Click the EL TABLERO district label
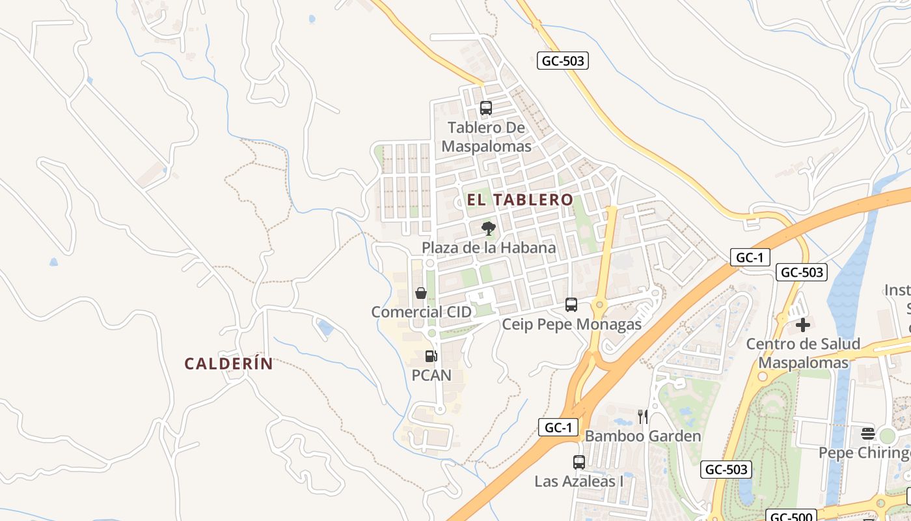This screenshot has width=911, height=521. click(x=520, y=199)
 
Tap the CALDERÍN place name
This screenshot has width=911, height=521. click(x=228, y=363)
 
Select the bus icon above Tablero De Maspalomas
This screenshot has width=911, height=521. click(x=486, y=108)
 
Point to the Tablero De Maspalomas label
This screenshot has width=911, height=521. click(x=486, y=137)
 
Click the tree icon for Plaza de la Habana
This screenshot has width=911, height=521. click(x=488, y=228)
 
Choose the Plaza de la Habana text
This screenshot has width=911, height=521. click(x=489, y=247)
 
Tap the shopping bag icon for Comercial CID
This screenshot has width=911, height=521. click(x=421, y=293)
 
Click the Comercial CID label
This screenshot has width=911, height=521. click(x=421, y=312)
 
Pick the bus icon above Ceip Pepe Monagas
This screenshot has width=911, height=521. click(x=571, y=304)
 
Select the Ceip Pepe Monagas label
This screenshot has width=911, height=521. click(x=571, y=324)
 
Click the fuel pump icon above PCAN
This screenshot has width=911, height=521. click(x=431, y=356)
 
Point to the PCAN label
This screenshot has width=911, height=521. click(x=431, y=375)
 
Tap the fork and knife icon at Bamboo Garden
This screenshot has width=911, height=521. click(x=643, y=417)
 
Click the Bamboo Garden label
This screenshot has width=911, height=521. click(x=643, y=436)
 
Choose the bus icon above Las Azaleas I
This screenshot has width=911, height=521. click(x=579, y=462)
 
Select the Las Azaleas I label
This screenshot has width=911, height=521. click(x=579, y=481)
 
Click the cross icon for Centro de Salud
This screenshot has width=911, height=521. click(x=803, y=324)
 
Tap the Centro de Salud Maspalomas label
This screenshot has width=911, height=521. click(x=803, y=353)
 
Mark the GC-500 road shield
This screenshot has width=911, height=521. click(x=790, y=516)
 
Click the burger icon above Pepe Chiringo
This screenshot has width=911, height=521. click(x=868, y=433)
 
